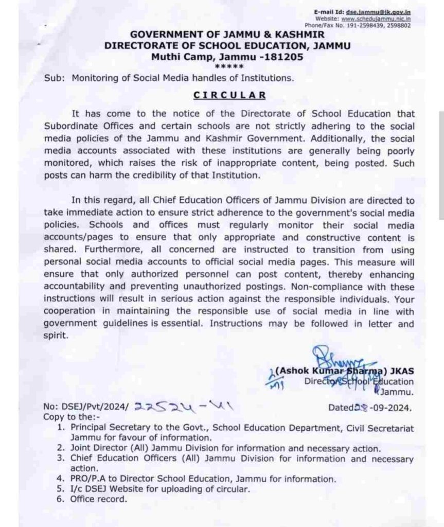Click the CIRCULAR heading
[x=229, y=95]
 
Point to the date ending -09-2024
[x=370, y=408]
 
